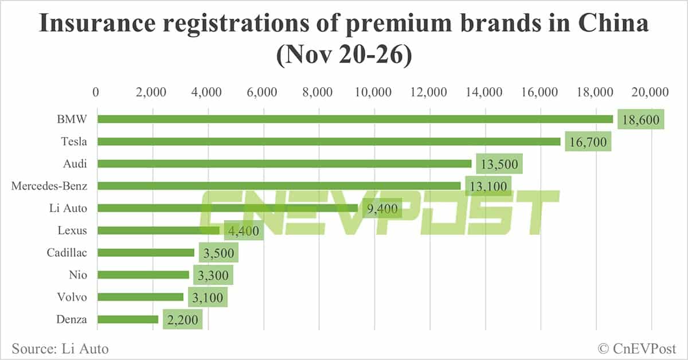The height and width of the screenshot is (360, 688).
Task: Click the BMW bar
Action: (355, 119)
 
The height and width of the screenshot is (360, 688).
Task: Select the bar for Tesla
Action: (329, 142)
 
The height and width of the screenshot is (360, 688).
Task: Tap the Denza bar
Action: (128, 319)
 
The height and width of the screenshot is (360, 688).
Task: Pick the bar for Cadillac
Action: (146, 252)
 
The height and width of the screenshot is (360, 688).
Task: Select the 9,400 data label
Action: (382, 209)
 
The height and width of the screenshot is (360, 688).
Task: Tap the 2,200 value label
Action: (182, 320)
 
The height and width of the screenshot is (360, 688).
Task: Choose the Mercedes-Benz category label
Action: (49, 186)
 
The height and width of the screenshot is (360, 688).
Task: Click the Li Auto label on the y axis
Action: (68, 208)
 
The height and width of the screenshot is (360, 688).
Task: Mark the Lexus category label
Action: (72, 230)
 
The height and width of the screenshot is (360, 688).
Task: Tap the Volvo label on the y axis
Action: (72, 297)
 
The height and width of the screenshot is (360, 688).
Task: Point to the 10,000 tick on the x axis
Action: (374, 92)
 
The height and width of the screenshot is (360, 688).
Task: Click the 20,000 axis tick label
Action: (651, 92)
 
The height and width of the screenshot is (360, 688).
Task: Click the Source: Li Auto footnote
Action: (60, 348)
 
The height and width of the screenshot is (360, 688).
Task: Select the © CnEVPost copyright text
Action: (636, 348)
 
